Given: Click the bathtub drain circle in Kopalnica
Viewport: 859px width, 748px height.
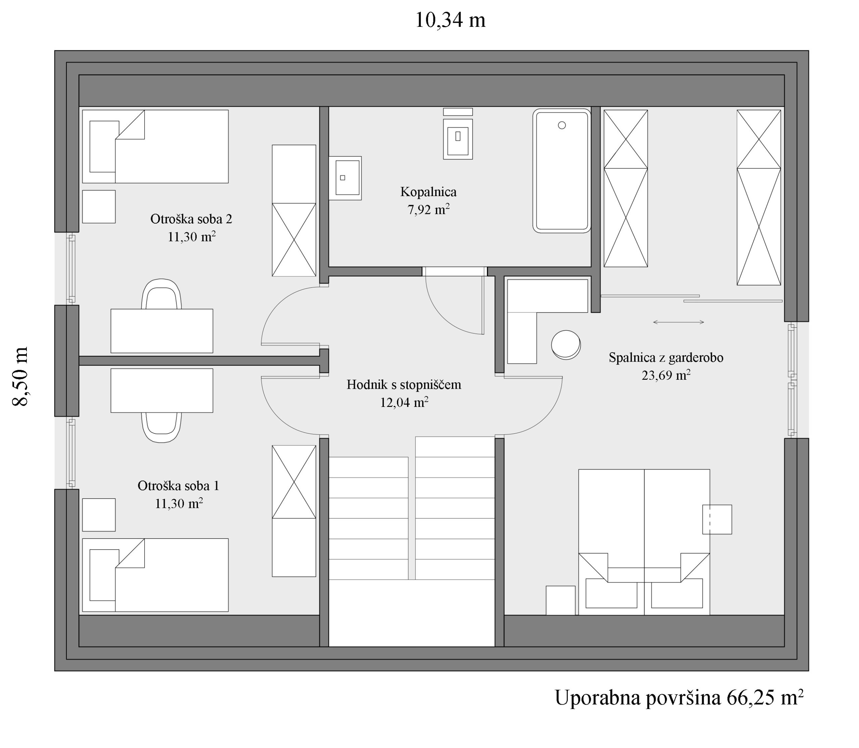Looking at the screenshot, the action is coord(562,125).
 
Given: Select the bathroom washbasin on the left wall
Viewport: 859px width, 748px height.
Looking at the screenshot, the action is coord(345,178).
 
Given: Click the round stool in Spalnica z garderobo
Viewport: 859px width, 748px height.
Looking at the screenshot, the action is coord(566,345).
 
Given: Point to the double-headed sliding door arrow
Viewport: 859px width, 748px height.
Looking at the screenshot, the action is coord(678,322).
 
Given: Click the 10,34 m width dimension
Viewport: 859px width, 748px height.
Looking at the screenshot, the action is coord(450,20).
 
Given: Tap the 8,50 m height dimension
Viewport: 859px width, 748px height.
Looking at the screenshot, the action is coord(20,376).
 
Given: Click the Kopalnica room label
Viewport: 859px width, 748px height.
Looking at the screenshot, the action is coord(428,192).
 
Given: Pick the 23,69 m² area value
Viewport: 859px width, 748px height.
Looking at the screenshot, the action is coord(666,375).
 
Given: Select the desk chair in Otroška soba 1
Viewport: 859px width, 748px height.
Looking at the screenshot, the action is coord(161,427).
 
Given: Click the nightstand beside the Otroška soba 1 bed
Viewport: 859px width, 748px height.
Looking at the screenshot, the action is coord(99,515).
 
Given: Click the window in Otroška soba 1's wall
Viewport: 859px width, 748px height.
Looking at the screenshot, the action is coord(72,453).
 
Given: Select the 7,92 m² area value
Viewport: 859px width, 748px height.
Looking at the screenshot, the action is coord(428,209).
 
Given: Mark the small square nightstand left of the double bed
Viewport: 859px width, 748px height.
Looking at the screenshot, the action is coord(561,600).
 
